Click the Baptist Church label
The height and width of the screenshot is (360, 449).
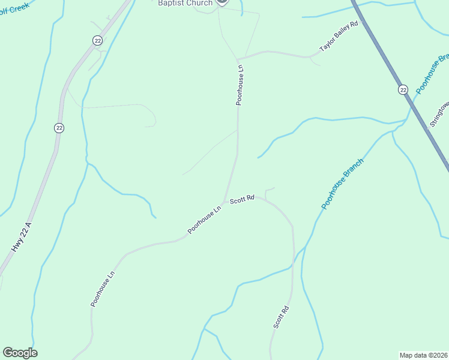click(185, 3)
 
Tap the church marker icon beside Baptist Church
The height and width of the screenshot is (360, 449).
click(221, 2)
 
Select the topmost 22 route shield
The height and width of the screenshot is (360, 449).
click(98, 40)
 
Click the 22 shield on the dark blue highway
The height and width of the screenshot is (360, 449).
click(403, 89)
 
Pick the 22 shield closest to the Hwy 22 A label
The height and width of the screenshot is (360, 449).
click(58, 128)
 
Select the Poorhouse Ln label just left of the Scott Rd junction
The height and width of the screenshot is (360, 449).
click(204, 220)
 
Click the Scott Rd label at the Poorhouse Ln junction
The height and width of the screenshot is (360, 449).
click(243, 199)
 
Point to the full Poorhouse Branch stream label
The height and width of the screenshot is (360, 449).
click(343, 184)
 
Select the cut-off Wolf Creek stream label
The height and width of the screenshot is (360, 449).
click(13, 11)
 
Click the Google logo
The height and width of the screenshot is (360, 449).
click(20, 353)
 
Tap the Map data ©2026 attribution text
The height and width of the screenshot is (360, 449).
click(423, 355)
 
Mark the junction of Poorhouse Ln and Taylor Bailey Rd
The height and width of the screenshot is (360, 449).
click(239, 59)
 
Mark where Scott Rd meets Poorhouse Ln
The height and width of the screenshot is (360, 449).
click(224, 202)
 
